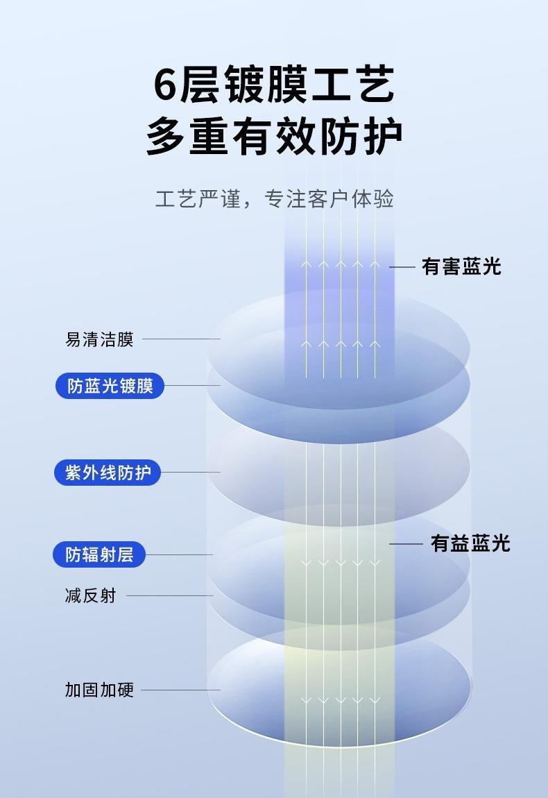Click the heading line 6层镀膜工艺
(273, 85)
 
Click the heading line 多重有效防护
(273, 135)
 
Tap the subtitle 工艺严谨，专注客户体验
(274, 198)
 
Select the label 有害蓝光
(461, 266)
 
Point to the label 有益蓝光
(470, 543)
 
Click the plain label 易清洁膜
(99, 339)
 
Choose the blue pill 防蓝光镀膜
(110, 386)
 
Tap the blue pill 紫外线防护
(108, 473)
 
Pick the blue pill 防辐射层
(99, 554)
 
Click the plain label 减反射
(90, 595)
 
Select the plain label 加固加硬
(99, 690)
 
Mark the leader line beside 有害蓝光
(402, 266)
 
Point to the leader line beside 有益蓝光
(406, 544)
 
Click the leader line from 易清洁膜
(180, 339)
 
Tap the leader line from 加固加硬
(180, 690)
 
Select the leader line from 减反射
(169, 595)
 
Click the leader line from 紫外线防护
(190, 473)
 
